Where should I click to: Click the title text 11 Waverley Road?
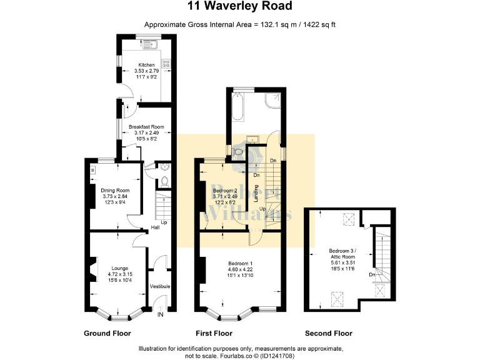(x=240, y=7)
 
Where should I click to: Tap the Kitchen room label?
(x=146, y=65)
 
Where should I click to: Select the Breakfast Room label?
(x=146, y=127)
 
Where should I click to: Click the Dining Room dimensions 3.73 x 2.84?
(x=114, y=197)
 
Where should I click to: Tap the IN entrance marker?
(x=161, y=314)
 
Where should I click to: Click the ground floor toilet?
(x=164, y=181)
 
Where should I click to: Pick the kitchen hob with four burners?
(x=166, y=63)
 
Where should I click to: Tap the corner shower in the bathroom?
(x=274, y=101)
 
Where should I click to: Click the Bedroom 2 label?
(x=224, y=190)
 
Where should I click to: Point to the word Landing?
(x=257, y=195)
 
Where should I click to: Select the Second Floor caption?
(x=328, y=334)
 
